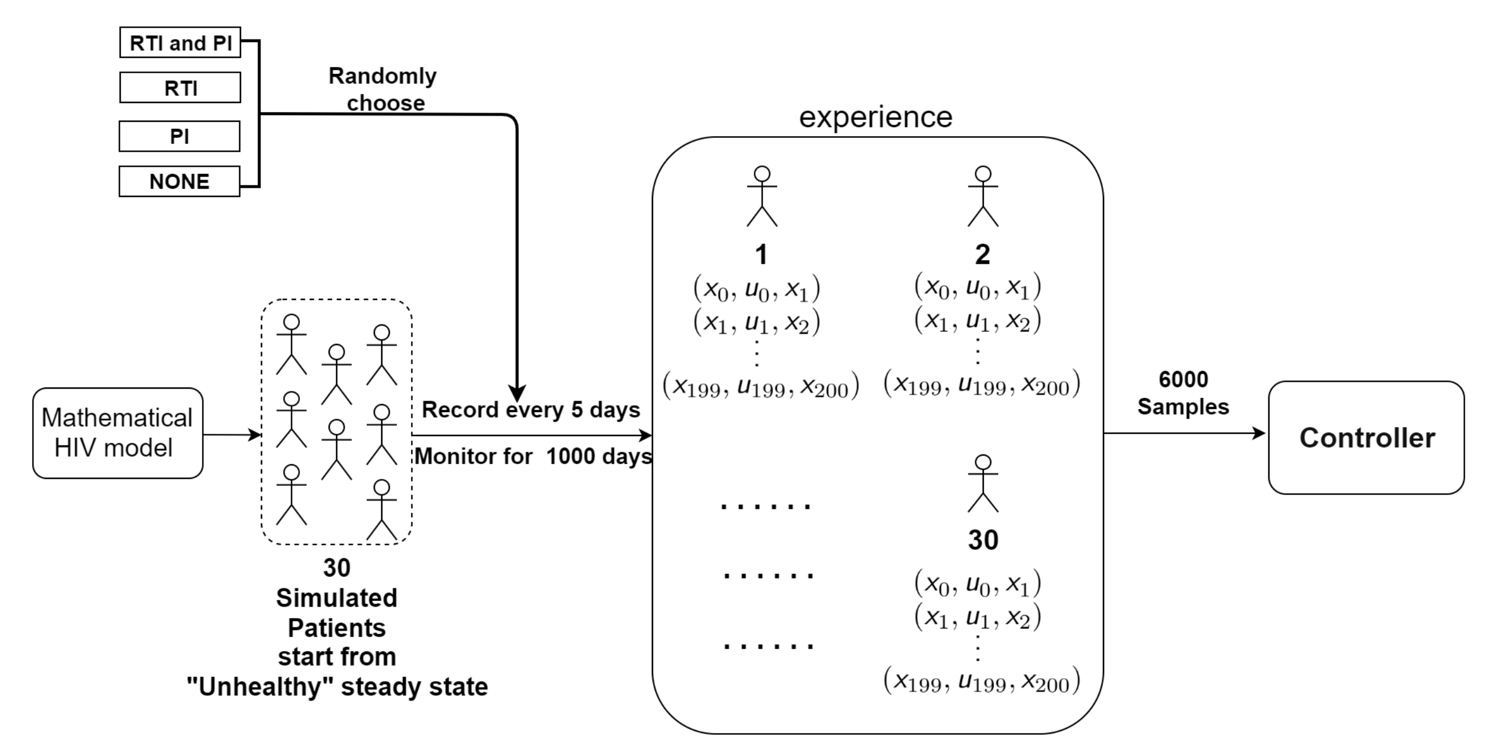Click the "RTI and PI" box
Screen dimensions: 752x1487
(x=180, y=42)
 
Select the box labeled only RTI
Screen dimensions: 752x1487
(x=180, y=87)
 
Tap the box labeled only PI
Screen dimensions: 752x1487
(x=180, y=136)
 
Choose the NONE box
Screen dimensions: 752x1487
(x=180, y=181)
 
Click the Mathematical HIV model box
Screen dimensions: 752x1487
(x=118, y=433)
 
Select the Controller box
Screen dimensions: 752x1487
(x=1366, y=437)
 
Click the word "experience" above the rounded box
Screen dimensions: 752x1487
(x=875, y=117)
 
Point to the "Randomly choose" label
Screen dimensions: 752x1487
(x=383, y=89)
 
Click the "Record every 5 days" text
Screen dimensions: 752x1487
(x=531, y=410)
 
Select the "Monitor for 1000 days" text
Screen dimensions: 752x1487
(x=533, y=457)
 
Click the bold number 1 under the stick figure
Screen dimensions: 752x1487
(x=761, y=255)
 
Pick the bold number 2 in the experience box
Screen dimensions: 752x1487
(x=983, y=255)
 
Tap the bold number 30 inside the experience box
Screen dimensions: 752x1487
(x=983, y=540)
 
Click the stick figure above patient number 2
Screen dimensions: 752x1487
(x=983, y=196)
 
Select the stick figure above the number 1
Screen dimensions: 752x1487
(x=762, y=196)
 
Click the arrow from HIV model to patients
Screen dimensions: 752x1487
(x=231, y=434)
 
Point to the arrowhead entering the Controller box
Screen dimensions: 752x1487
(x=1259, y=433)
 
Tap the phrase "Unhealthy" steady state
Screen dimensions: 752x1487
(x=337, y=687)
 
